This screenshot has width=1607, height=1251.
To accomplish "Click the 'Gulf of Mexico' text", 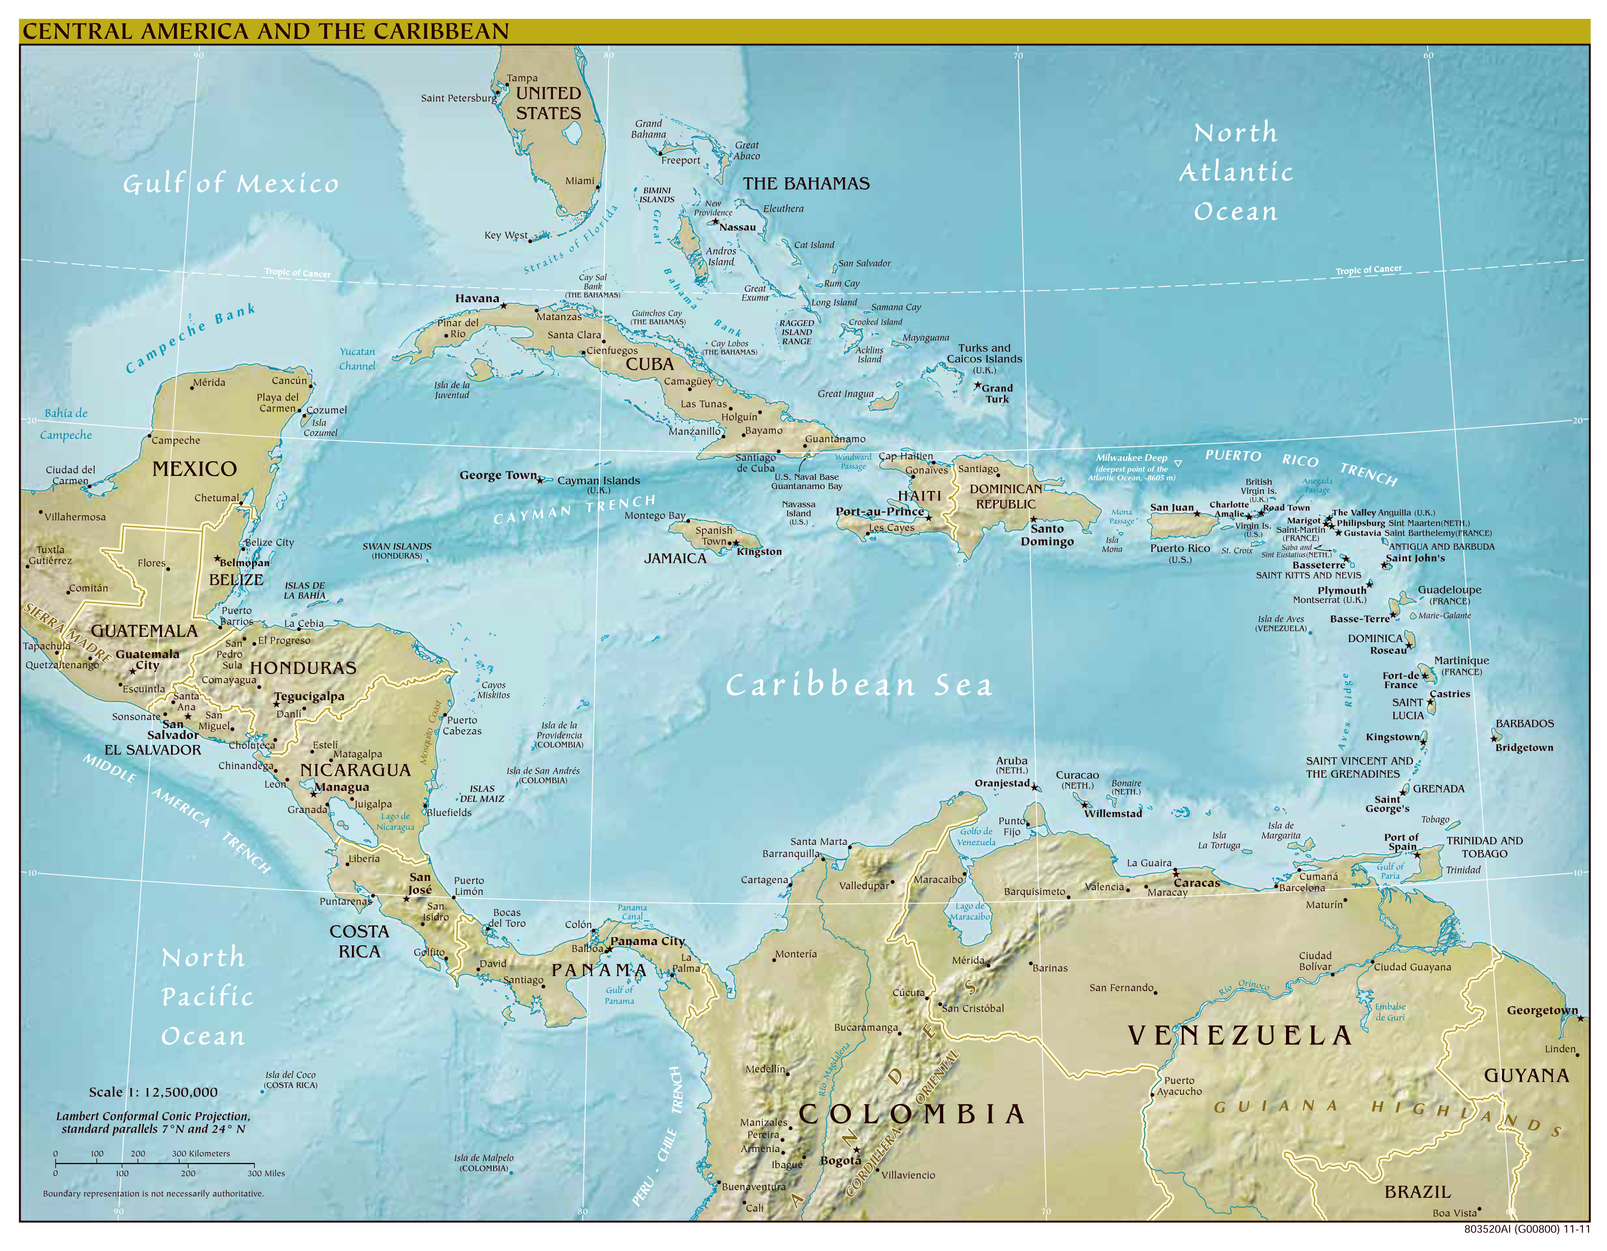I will click(231, 184).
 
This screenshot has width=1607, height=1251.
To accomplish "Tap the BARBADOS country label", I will click(1525, 724).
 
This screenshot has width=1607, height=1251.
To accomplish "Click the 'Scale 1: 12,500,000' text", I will click(153, 1092).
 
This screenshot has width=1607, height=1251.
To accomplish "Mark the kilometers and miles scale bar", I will click(154, 1163).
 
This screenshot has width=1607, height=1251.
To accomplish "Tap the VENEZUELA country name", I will click(1240, 1036).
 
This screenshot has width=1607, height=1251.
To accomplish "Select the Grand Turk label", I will click(997, 394).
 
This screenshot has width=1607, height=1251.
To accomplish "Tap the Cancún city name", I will click(289, 380).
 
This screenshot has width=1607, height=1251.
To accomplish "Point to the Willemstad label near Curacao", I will click(1112, 813).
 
